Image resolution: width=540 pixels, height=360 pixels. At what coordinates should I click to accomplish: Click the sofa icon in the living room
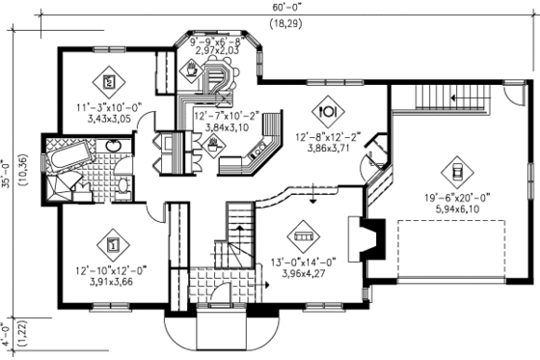click(x=302, y=234)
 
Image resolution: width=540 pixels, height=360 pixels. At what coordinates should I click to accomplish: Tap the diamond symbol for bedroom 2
click(x=108, y=79)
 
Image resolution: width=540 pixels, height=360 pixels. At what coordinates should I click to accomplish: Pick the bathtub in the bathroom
click(x=68, y=156)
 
